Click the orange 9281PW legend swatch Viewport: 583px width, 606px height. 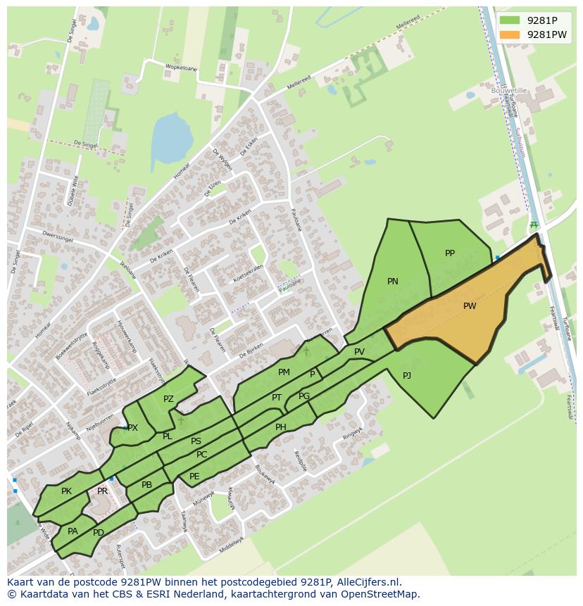point(510,34)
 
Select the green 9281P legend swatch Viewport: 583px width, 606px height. point(510,20)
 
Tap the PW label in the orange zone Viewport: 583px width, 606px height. point(470,306)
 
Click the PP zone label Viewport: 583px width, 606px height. point(450,253)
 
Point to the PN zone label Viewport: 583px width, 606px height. point(393,282)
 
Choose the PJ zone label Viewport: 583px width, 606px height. point(407,376)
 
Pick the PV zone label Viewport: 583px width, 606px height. point(359,352)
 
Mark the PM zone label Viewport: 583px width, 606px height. point(284,372)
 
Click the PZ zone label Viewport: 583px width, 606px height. point(168,399)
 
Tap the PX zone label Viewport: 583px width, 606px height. point(133,428)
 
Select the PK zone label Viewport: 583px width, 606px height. point(66,491)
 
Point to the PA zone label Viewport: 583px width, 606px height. point(73,531)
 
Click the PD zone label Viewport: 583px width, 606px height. point(99,533)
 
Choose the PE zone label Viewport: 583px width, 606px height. point(194,476)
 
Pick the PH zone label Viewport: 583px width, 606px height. point(281,427)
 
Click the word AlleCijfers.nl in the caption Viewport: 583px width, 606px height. point(366,582)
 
